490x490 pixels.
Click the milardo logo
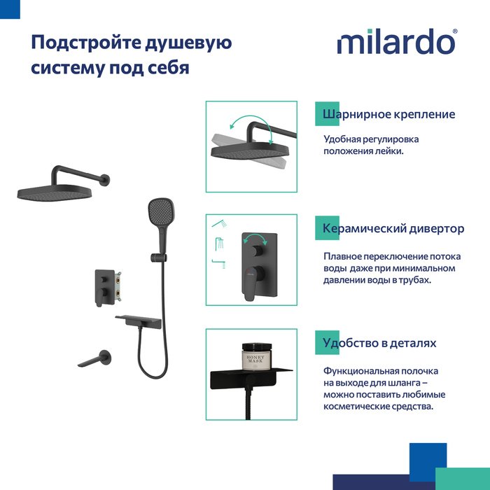coord(397,41)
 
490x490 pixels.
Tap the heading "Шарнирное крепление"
coord(388,114)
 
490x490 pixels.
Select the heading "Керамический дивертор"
coord(393,228)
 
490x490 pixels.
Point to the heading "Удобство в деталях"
coord(379,343)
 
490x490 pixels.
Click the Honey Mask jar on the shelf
coord(257,356)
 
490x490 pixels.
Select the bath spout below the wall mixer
coord(94,359)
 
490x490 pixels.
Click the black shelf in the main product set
coord(139,321)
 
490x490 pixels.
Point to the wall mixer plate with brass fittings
coord(107,287)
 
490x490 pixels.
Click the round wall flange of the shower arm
coord(105,181)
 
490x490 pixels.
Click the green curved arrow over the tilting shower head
coord(250,118)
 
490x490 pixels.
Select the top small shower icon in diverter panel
coord(219,223)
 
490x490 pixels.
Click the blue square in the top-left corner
coord(10,9)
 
